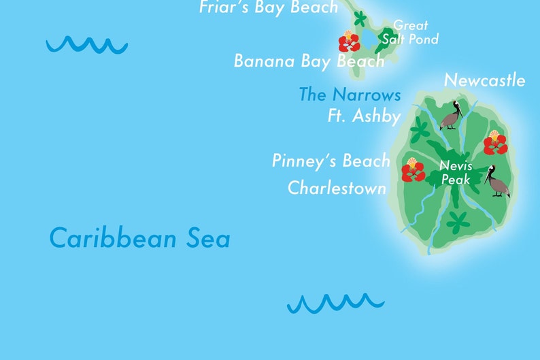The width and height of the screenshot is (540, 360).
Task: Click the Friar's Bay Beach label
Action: pos(269,7)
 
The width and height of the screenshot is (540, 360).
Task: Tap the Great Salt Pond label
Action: pos(410,32)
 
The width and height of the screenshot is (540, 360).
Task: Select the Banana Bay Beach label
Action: pos(309,61)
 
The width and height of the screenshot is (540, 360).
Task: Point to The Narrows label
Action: pos(350,95)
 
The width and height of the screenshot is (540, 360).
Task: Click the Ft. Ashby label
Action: pos(364,116)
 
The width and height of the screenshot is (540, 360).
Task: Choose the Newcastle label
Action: pos(484,80)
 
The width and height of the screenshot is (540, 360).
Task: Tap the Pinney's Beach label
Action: pos(331,161)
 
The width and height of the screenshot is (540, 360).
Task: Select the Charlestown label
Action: pos(337,187)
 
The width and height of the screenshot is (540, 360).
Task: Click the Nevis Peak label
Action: pos(456,172)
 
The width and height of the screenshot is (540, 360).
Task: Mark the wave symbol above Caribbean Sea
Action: pos(86,45)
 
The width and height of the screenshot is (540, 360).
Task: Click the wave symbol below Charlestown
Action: pos(335,302)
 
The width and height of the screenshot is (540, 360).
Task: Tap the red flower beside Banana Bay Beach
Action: pos(349,42)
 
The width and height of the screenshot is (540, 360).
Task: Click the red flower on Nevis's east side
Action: pos(495,142)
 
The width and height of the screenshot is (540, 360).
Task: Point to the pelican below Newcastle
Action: pos(452,116)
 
